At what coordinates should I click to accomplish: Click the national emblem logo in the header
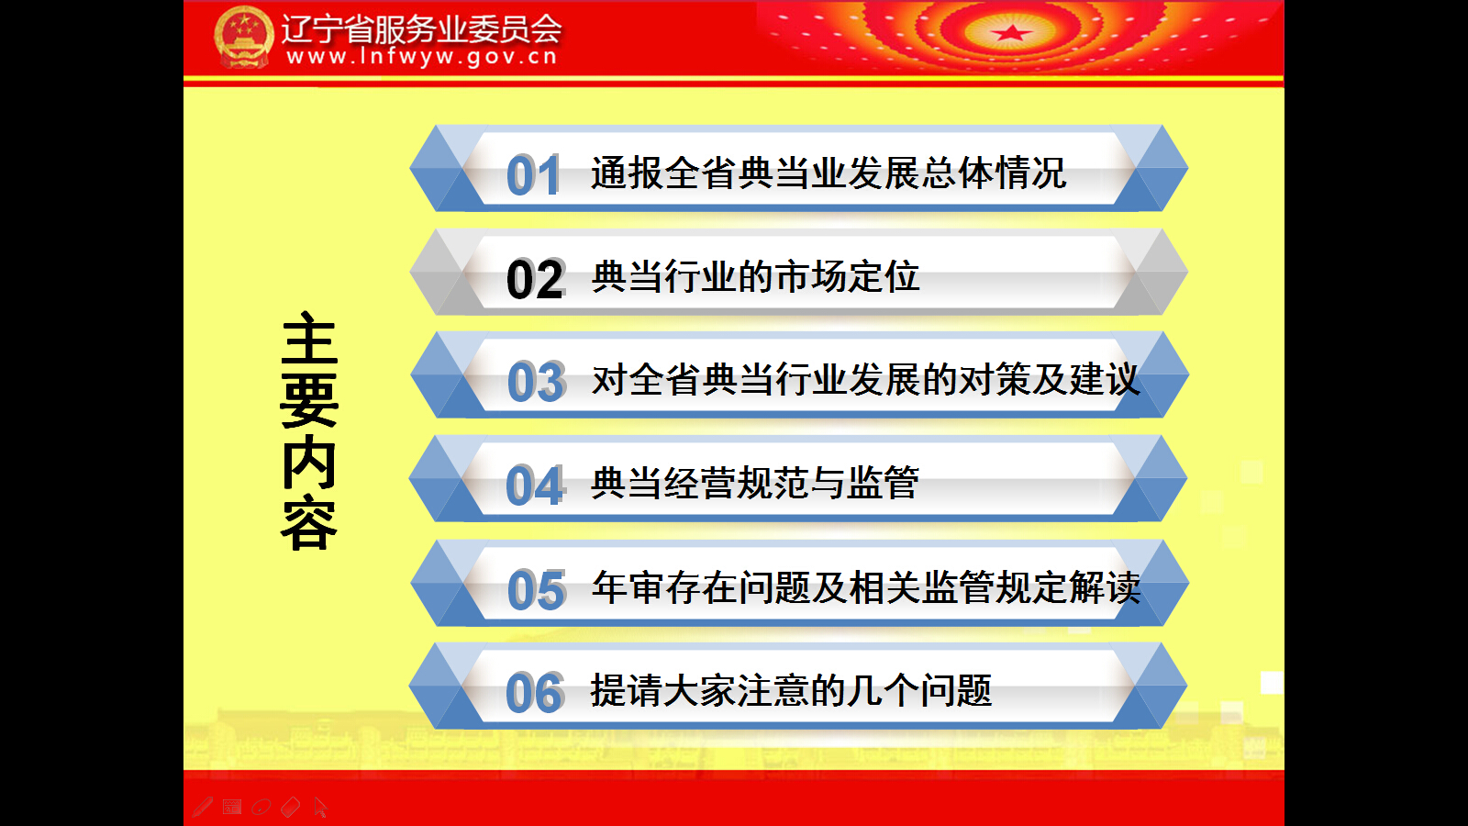point(244,38)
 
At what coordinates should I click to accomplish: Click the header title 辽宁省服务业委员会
point(421,28)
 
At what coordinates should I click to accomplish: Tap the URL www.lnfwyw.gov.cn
point(422,57)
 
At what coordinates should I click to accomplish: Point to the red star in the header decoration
point(1010,33)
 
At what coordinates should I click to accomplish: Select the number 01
point(533,175)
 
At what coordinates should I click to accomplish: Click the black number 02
point(536,279)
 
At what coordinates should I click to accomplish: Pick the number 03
point(536,382)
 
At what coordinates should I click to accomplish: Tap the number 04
point(535,486)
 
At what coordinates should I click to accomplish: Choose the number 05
point(536,589)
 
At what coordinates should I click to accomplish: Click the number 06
point(535,693)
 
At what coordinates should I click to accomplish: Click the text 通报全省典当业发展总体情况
point(829,173)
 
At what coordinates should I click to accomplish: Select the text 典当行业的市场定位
point(756,276)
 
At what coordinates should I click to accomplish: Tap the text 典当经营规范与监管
point(755,483)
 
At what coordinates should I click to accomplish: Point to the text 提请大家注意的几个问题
point(791,690)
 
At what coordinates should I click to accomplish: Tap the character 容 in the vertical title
point(308,524)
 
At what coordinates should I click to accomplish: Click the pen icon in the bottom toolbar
point(203,807)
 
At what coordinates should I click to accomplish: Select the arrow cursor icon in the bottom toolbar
point(320,807)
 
